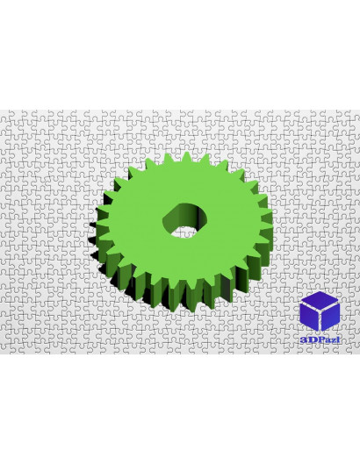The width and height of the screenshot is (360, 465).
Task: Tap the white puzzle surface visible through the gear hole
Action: pos(184,233)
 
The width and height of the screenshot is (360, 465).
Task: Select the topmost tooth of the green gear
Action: pos(186,157)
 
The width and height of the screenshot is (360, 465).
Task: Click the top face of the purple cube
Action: pos(320,299)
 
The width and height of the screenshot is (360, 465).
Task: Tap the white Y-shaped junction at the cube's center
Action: pos(320,310)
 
